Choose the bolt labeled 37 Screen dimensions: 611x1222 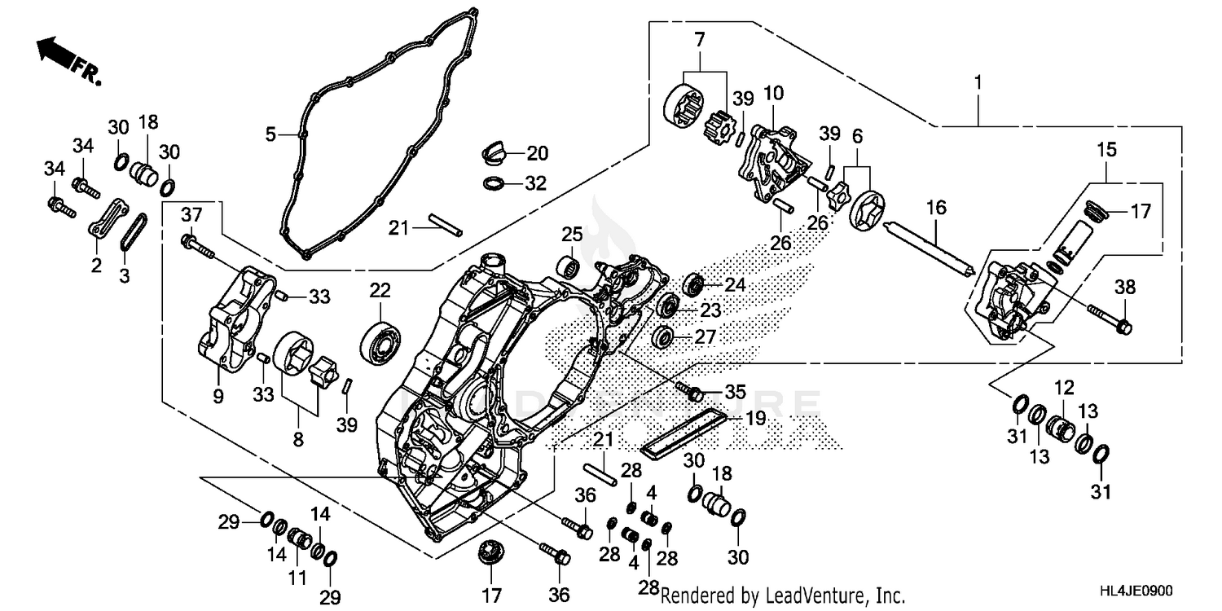(x=200, y=245)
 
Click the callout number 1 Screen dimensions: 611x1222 (x=978, y=83)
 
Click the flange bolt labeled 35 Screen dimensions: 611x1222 (x=694, y=393)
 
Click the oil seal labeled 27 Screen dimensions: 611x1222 (x=664, y=336)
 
